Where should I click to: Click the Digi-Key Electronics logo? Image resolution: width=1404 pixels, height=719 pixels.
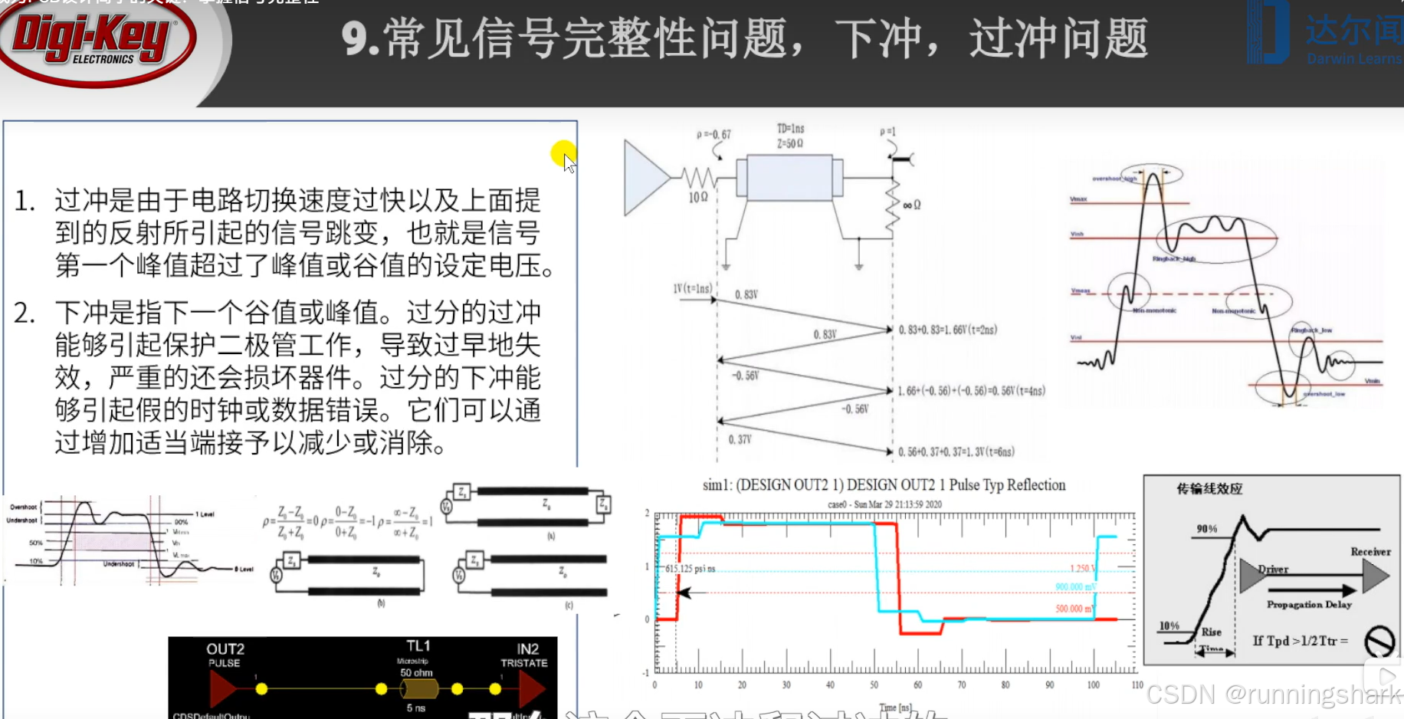(x=96, y=42)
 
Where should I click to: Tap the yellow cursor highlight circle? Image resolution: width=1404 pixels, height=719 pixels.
(x=563, y=153)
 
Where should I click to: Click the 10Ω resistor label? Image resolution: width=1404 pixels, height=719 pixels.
(x=698, y=198)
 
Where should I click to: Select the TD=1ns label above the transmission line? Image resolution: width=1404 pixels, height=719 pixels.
(x=790, y=129)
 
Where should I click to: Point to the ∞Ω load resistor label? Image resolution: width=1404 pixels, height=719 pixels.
(x=911, y=205)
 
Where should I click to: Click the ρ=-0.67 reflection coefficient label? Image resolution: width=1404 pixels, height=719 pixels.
(x=713, y=135)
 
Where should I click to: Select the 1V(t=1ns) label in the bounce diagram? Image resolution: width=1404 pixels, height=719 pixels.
(x=692, y=289)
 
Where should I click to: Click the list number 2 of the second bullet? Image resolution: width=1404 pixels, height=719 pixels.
(x=24, y=314)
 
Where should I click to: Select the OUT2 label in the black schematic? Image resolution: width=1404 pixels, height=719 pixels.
(x=225, y=649)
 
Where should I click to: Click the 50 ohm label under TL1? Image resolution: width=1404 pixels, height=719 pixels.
(x=416, y=673)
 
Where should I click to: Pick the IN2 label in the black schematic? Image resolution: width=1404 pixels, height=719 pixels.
(x=527, y=649)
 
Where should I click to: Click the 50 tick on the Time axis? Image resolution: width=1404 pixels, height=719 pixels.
(x=874, y=685)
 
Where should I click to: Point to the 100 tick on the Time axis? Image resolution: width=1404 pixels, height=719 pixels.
(x=1093, y=685)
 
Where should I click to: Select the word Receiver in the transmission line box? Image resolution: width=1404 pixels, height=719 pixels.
(x=1370, y=552)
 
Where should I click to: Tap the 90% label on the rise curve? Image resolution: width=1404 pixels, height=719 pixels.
(x=1207, y=529)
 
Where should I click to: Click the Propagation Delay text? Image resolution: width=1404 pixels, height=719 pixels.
(x=1309, y=605)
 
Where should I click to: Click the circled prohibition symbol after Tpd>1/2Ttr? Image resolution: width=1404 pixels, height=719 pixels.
(x=1379, y=641)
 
